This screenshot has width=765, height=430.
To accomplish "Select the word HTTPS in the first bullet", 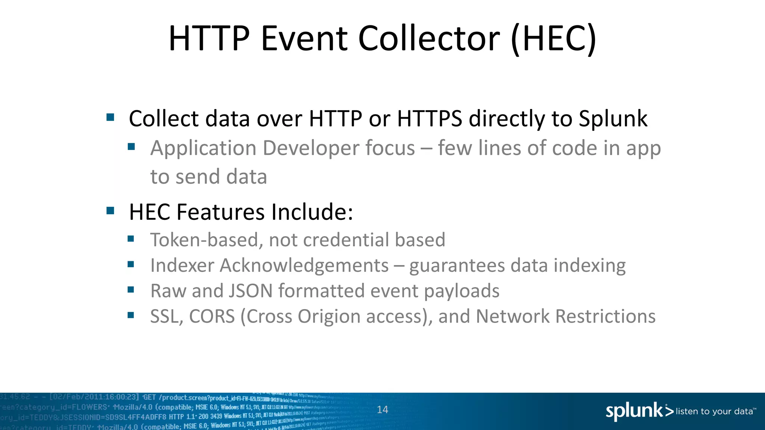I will pos(430,119).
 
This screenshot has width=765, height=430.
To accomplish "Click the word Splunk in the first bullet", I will pos(613,119).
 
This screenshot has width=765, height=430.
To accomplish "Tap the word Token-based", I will pos(204,240).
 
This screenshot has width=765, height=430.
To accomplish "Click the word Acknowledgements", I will pos(304,266).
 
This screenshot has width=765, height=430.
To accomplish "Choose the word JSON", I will pos(251,291).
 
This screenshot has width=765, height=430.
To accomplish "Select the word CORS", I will pos(212,317).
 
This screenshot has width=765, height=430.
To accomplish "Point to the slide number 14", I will pos(382,410).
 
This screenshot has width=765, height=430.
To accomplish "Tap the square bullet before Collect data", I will pos(110,118).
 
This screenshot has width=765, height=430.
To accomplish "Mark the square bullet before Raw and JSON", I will pos(131,290).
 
